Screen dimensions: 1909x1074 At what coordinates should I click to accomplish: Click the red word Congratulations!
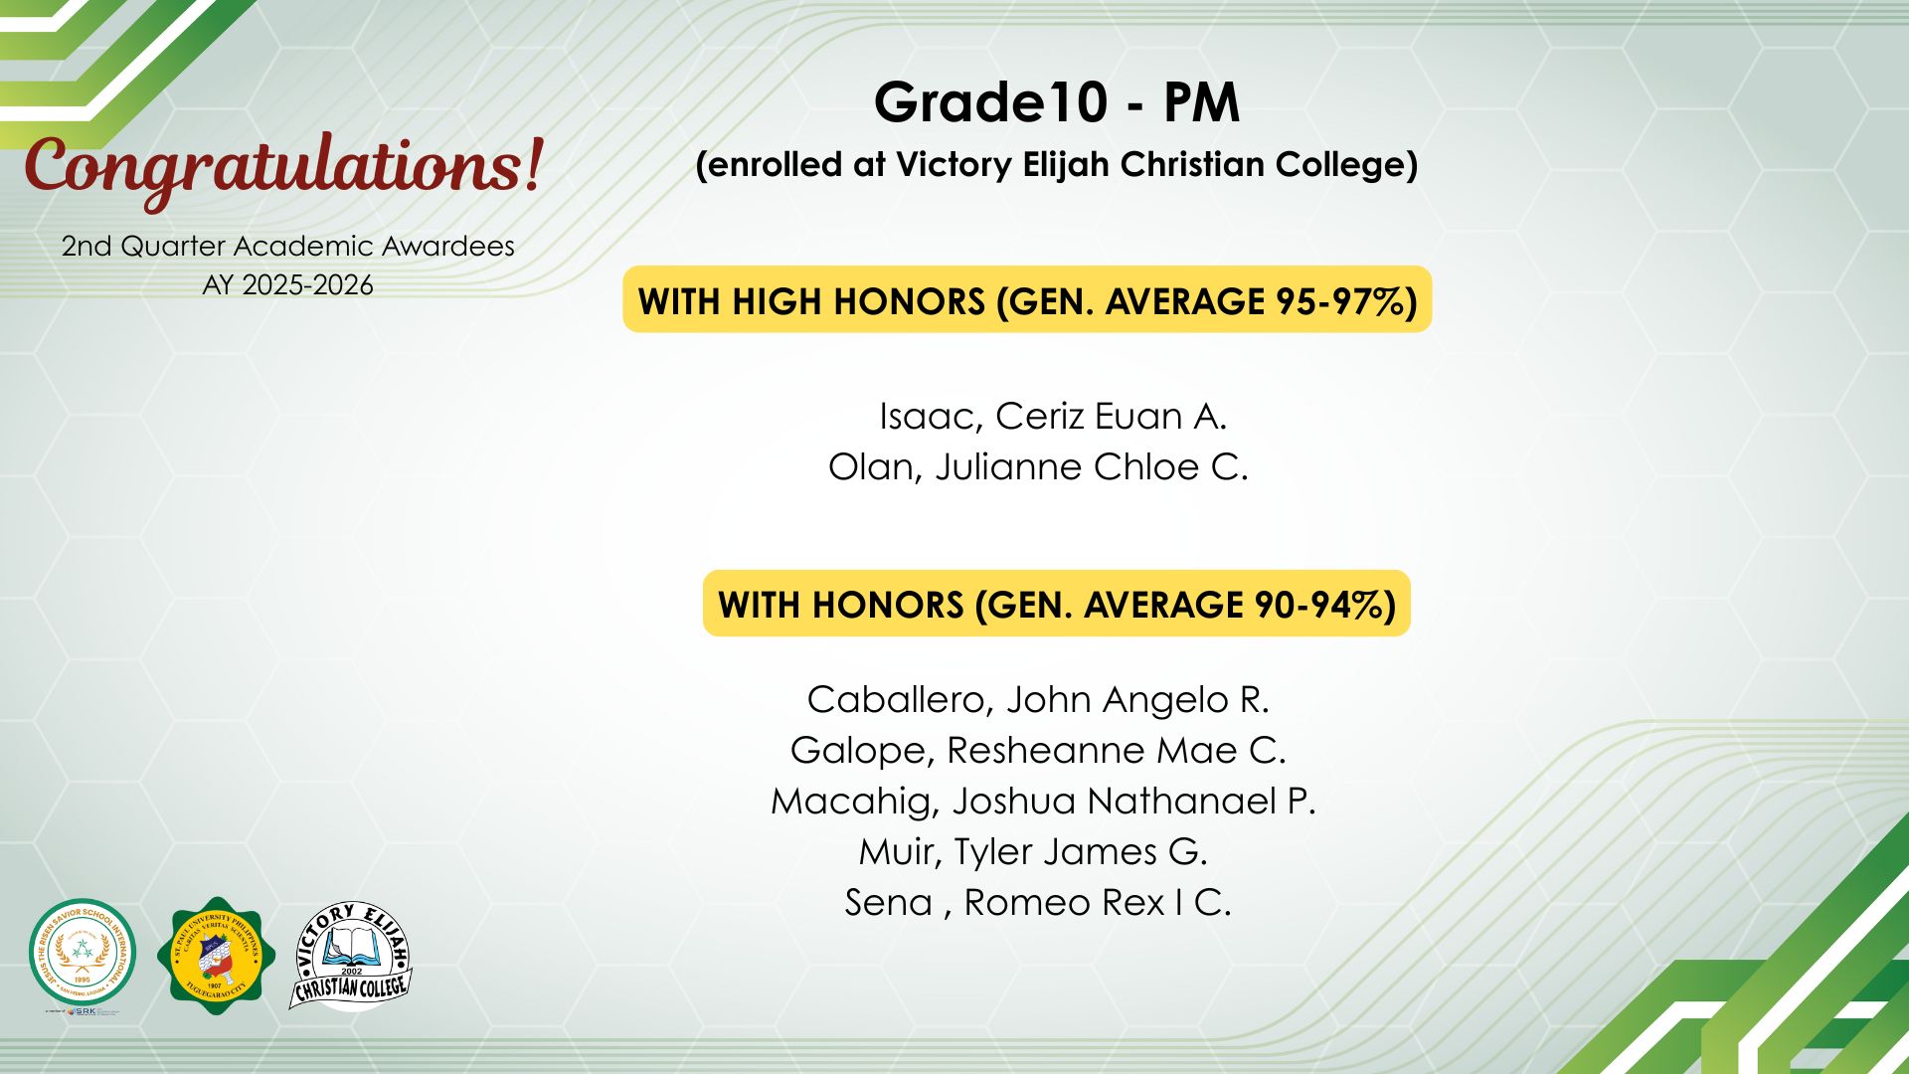(284, 167)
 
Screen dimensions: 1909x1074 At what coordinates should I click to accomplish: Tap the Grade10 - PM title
(1057, 102)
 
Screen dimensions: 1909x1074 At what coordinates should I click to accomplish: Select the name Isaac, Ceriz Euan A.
(1053, 417)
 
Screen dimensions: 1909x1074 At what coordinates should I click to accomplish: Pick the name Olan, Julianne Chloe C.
(1038, 467)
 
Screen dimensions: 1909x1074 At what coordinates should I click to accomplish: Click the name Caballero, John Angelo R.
(1038, 700)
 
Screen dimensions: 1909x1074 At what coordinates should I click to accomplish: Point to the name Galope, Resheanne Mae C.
(1038, 751)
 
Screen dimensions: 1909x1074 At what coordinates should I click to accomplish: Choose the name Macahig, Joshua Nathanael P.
(1043, 802)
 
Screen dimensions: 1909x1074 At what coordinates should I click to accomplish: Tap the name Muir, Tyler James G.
(1033, 852)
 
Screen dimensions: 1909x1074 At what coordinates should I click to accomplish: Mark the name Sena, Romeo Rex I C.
(1038, 903)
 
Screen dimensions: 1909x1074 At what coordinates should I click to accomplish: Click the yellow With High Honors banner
(1027, 299)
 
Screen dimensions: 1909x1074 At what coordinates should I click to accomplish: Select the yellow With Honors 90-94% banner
(1057, 604)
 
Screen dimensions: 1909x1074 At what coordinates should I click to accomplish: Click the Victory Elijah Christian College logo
(351, 956)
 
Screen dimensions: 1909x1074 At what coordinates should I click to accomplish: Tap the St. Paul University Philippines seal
(217, 956)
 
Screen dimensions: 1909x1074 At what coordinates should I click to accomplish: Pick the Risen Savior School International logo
(83, 953)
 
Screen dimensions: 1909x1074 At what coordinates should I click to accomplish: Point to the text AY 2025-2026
(288, 285)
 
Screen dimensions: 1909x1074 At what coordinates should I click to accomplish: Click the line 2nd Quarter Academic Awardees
(288, 247)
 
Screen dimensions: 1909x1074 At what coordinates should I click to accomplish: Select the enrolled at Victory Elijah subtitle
(1057, 165)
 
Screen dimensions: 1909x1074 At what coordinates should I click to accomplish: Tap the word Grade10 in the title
(991, 102)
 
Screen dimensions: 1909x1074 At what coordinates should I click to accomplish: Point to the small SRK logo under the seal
(83, 1012)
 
